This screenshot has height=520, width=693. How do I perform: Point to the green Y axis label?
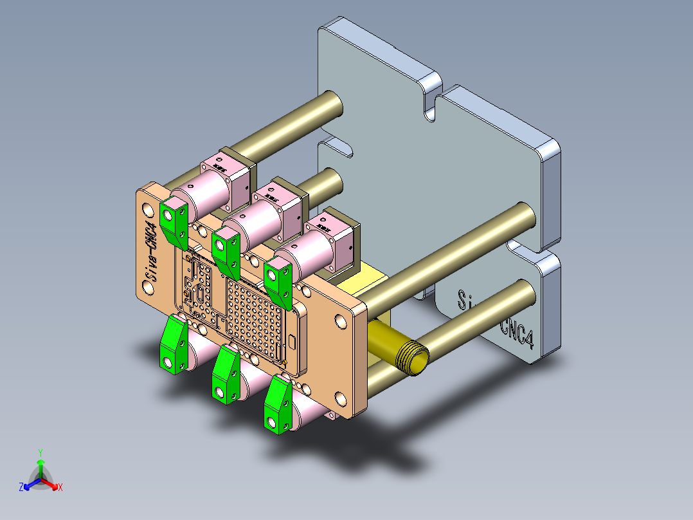tap(40, 452)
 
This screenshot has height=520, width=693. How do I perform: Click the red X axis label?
tap(60, 488)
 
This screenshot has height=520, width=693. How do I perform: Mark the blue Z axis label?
tap(21, 488)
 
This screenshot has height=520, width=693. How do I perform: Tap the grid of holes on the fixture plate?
tap(257, 315)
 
